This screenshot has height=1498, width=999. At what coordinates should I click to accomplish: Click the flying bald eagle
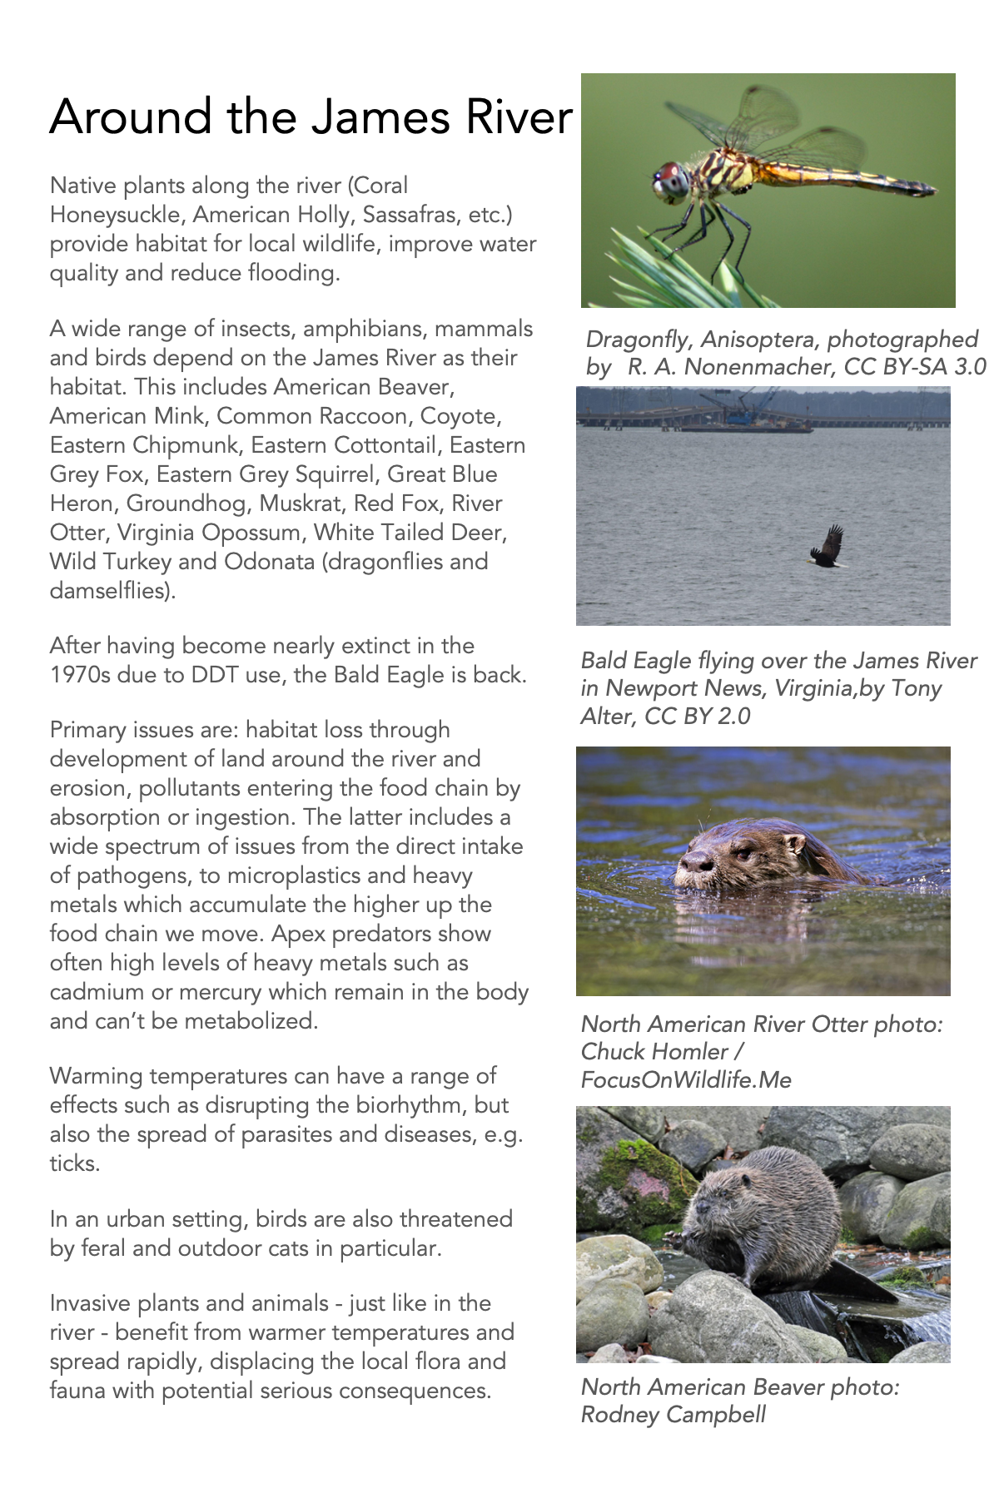click(828, 547)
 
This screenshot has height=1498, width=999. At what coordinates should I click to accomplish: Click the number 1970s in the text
click(79, 675)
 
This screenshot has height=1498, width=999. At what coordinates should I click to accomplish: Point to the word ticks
click(74, 1163)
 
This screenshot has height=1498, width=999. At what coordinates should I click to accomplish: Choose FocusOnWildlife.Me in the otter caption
click(686, 1080)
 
